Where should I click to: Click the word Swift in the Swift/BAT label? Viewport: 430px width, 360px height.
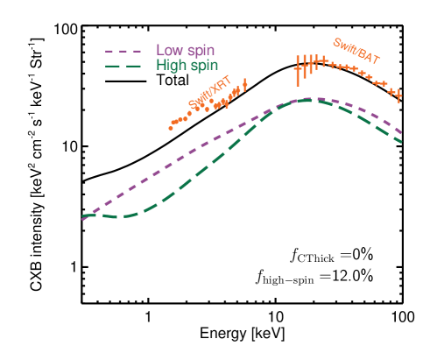click(344, 45)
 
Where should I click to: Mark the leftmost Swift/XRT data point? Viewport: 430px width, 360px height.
click(171, 127)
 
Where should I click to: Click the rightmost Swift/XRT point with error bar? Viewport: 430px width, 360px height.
click(244, 84)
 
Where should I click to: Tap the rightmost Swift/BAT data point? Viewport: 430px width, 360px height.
click(398, 95)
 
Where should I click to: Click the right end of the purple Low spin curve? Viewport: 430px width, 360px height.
click(402, 132)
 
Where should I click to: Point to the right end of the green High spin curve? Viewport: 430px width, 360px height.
click(402, 142)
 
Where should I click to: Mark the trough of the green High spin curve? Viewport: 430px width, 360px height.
click(123, 215)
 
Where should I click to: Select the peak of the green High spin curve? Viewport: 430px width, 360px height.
click(306, 101)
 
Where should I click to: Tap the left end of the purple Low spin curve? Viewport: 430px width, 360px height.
click(83, 220)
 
